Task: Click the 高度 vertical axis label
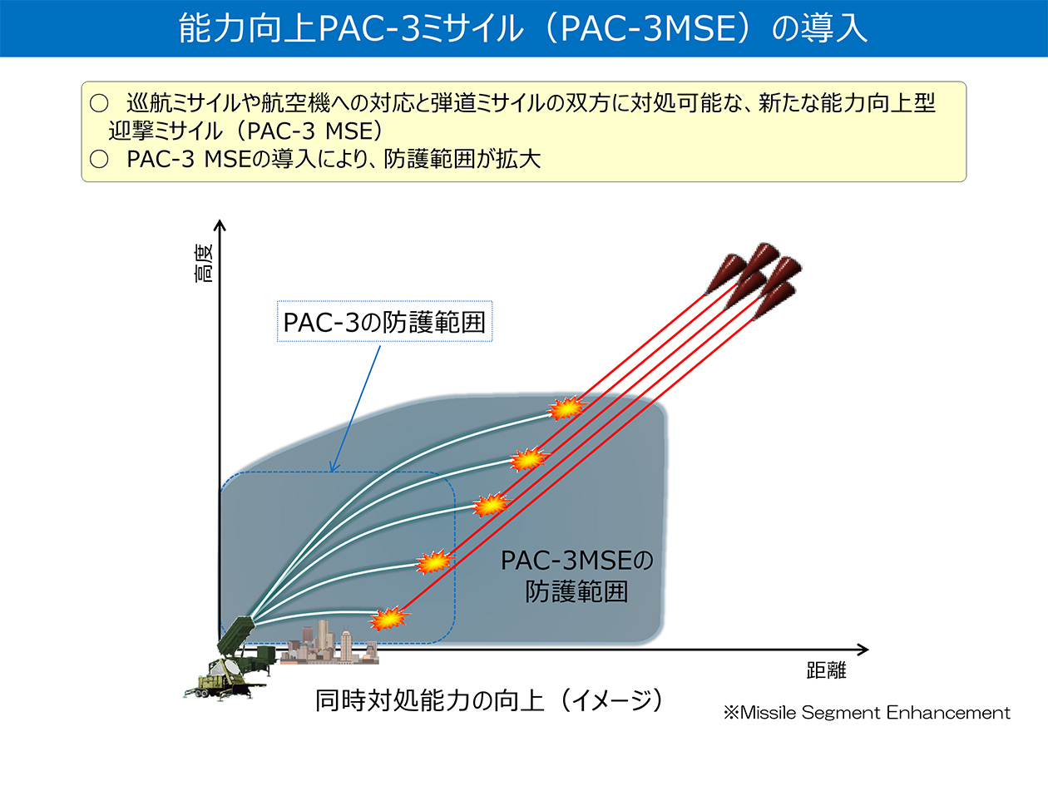pos(204,264)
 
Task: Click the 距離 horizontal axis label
pos(826,670)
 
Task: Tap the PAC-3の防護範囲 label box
pos(384,321)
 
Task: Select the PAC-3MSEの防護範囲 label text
pos(576,576)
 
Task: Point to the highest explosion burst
pos(566,408)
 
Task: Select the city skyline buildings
pos(329,643)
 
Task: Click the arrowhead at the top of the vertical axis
pos(220,225)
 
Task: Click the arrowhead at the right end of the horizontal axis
pos(863,650)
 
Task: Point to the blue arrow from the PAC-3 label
pos(356,409)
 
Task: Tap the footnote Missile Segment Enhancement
pos(867,713)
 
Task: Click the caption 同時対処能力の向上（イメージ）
pos(489,700)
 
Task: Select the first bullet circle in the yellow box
pos(99,104)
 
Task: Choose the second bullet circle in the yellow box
pos(99,160)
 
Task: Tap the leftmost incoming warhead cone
pos(724,274)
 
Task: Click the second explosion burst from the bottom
pos(433,561)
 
